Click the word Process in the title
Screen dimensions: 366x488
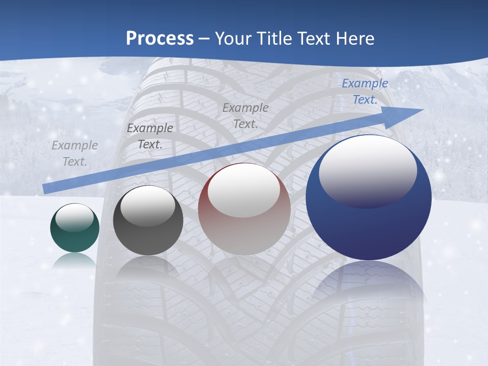pos(160,39)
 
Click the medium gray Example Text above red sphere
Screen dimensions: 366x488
pos(246,115)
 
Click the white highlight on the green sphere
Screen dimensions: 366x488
pos(74,217)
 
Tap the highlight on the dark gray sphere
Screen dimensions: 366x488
pos(147,205)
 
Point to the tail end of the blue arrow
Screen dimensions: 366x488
pos(46,189)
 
